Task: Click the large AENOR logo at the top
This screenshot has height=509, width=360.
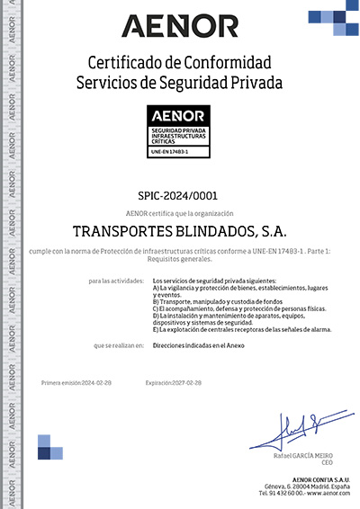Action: (x=180, y=25)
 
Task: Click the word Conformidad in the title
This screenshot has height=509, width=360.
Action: (x=227, y=63)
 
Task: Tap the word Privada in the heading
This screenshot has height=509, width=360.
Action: (x=255, y=83)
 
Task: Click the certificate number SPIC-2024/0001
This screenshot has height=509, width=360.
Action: (x=179, y=195)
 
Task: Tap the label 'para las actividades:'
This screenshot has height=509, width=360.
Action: (x=117, y=281)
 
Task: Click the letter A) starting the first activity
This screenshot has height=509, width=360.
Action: (x=157, y=289)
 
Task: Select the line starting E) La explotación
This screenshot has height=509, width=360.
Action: (x=243, y=329)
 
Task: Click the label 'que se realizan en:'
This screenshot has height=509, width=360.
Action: (x=119, y=345)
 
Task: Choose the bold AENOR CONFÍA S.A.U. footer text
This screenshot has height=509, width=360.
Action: (x=310, y=479)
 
